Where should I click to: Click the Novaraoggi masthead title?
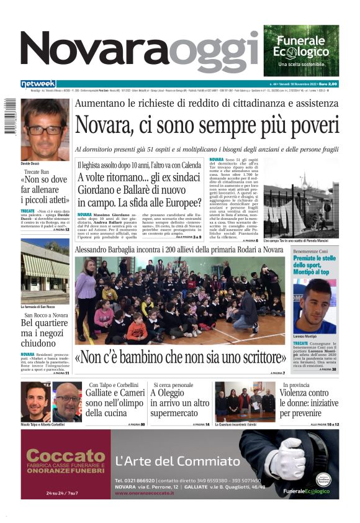tap(140, 53)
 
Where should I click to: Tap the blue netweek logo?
tap(38, 83)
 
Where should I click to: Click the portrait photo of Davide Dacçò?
tap(45, 129)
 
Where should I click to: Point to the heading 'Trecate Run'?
tap(36, 171)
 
